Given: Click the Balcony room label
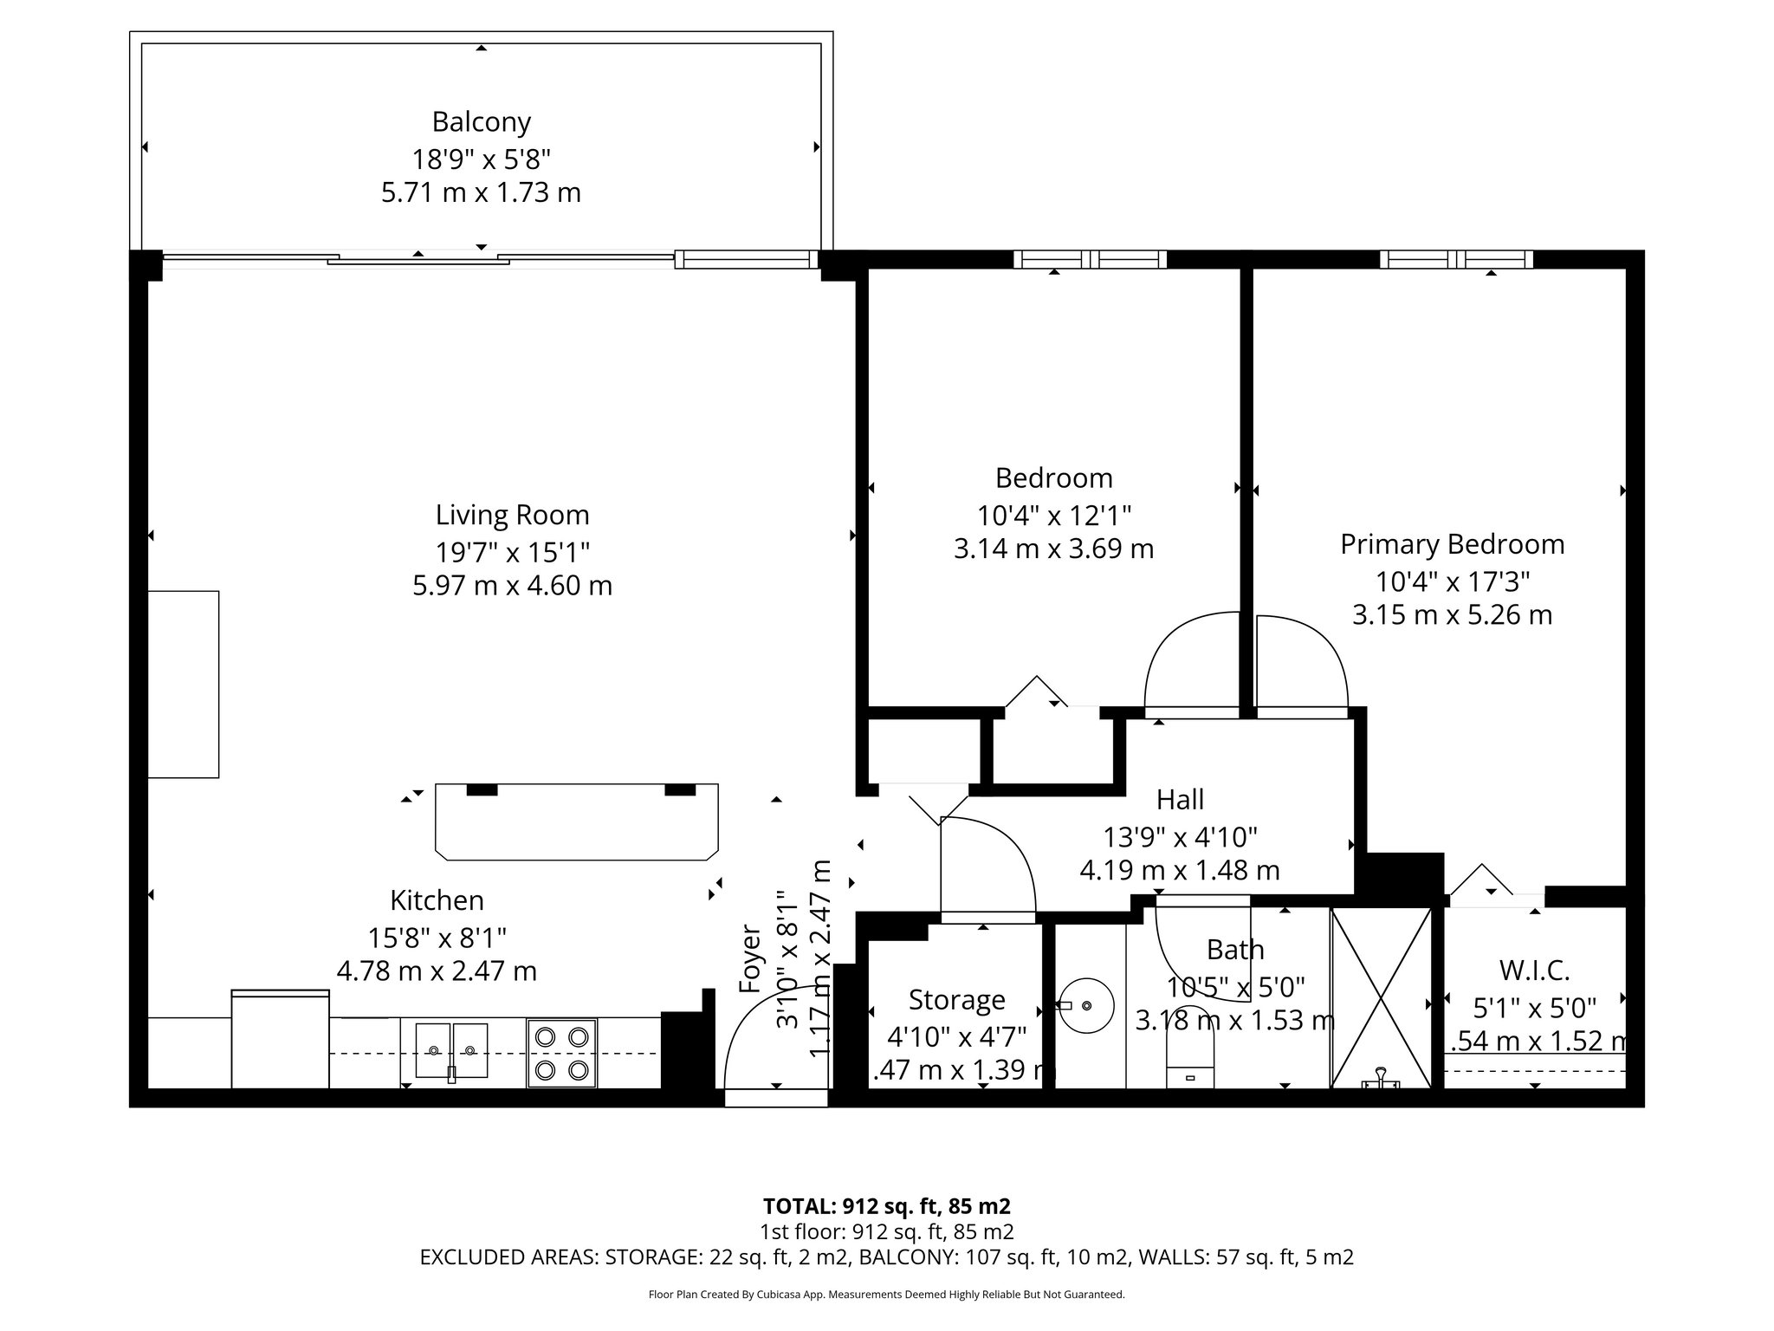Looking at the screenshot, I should pos(481,122).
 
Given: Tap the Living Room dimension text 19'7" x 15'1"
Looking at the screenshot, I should pos(512,551).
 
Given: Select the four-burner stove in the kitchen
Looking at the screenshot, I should pos(561,1053).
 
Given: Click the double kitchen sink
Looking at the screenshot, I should pos(451,1050).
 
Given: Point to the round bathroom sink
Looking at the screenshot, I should pos(1086,1005).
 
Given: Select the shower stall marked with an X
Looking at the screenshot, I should pos(1381,997).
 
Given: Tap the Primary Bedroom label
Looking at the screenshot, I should pos(1452,544).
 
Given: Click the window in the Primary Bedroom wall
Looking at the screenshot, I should pos(1456,259).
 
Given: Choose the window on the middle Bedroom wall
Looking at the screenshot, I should pos(1090,259).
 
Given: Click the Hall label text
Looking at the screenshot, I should pos(1180,799).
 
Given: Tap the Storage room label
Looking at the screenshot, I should pos(956,1000).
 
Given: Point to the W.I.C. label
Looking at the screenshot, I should pos(1534,969).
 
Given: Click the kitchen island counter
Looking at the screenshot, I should pos(576,821).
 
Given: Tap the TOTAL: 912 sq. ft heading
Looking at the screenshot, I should pos(886,1206).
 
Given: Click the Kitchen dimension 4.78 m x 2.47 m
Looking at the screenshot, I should pos(437,971).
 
